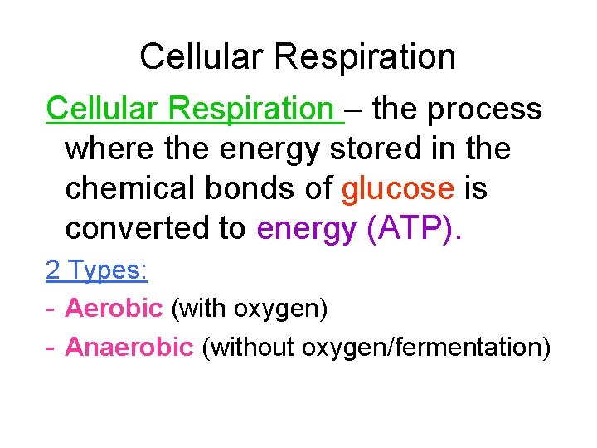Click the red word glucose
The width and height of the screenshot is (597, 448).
[x=398, y=189]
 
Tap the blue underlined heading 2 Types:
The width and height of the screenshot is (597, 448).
[x=97, y=270]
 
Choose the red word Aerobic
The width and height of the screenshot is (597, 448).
[x=114, y=309]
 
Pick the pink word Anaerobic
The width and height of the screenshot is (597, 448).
[x=129, y=347]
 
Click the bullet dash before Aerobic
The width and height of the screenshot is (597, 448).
[x=51, y=309]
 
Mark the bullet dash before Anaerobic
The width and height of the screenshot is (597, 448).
[x=51, y=348]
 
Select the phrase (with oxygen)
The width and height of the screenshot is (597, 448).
[x=250, y=309]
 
